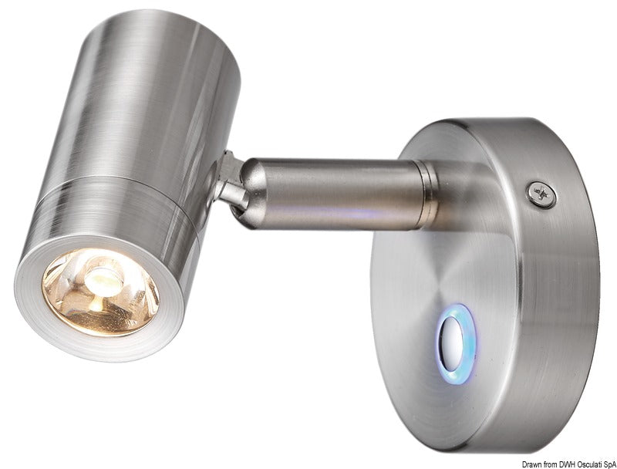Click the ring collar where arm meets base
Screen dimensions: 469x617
426,193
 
